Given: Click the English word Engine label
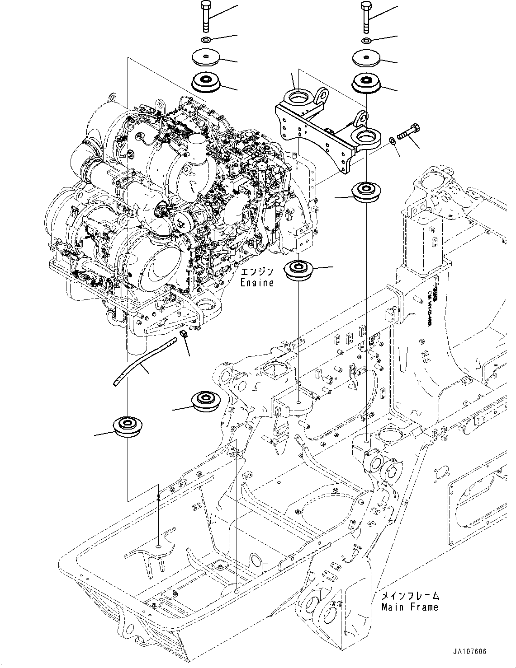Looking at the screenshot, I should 257,283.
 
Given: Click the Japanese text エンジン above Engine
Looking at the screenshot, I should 257,272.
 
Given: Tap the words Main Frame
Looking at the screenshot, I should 410,607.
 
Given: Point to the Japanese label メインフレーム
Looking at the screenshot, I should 410,596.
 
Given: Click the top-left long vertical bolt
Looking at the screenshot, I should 205,17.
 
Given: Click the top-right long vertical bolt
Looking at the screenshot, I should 366,17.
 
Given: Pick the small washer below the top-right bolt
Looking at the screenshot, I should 366,42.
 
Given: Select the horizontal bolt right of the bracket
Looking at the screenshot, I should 409,132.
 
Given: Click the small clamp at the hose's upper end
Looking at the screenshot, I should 184,334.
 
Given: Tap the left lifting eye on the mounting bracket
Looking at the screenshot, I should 322,95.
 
